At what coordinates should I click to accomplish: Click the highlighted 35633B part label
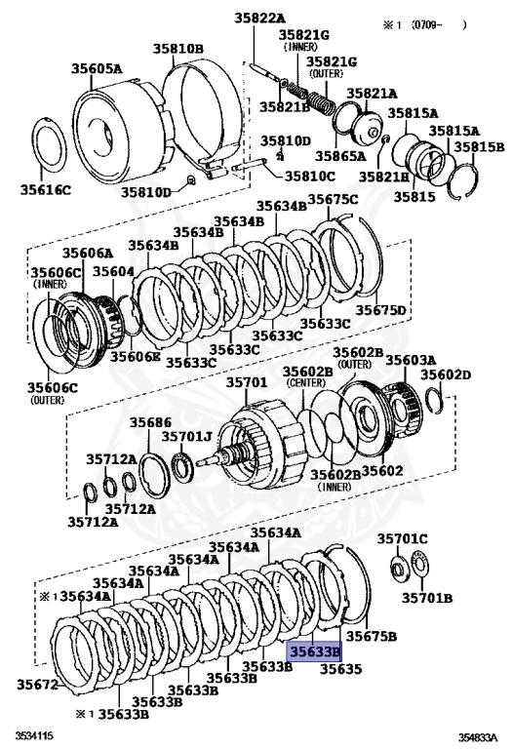pyautogui.click(x=314, y=651)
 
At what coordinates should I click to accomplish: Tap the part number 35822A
pyautogui.click(x=259, y=19)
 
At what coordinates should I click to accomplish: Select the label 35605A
pyautogui.click(x=97, y=68)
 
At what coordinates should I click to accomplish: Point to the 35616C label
pyautogui.click(x=46, y=189)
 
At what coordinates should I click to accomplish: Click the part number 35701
pyautogui.click(x=247, y=382)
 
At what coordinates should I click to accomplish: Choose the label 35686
pyautogui.click(x=150, y=422)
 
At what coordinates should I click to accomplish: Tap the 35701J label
pyautogui.click(x=186, y=437)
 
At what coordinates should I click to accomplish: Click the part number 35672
pyautogui.click(x=37, y=684)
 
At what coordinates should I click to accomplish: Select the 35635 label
pyautogui.click(x=340, y=669)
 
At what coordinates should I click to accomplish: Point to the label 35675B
pyautogui.click(x=372, y=636)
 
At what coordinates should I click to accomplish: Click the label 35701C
pyautogui.click(x=402, y=538)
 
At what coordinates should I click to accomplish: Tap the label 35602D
pyautogui.click(x=446, y=374)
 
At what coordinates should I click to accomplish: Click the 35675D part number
pyautogui.click(x=380, y=310)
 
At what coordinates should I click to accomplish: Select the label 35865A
pyautogui.click(x=340, y=156)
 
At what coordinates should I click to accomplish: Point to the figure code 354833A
pyautogui.click(x=478, y=736)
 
